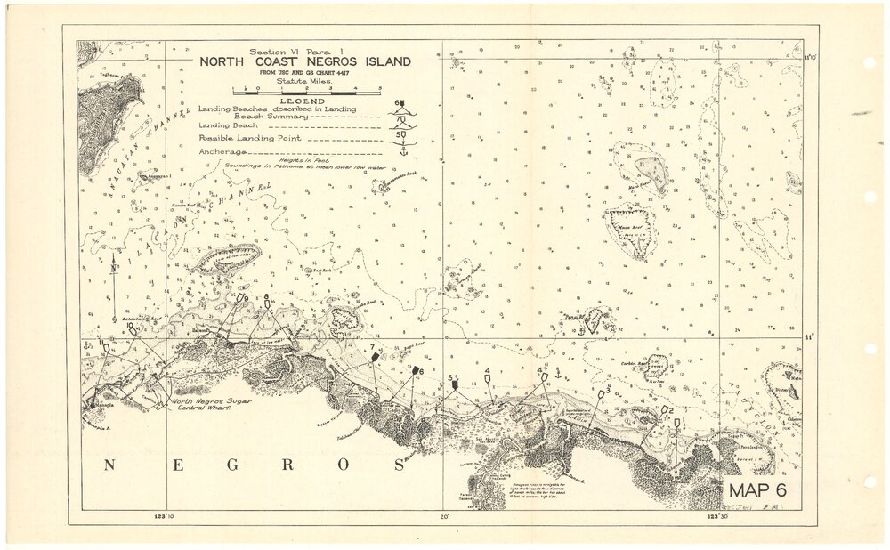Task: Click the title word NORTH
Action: pyautogui.click(x=226, y=62)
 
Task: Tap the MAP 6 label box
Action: pyautogui.click(x=754, y=490)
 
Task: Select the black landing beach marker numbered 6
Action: pyautogui.click(x=415, y=369)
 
